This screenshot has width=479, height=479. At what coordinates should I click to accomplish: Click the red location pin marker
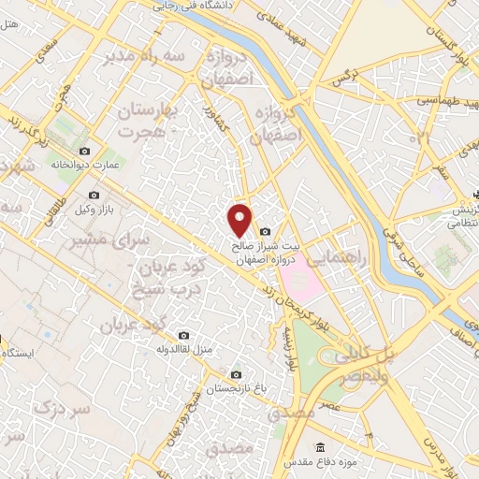point(240,219)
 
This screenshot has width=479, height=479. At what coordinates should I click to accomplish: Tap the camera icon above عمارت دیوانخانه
point(85,152)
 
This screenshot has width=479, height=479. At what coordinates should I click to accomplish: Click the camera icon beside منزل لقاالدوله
point(184,336)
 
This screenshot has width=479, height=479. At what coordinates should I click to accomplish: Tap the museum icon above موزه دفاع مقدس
point(321,446)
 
